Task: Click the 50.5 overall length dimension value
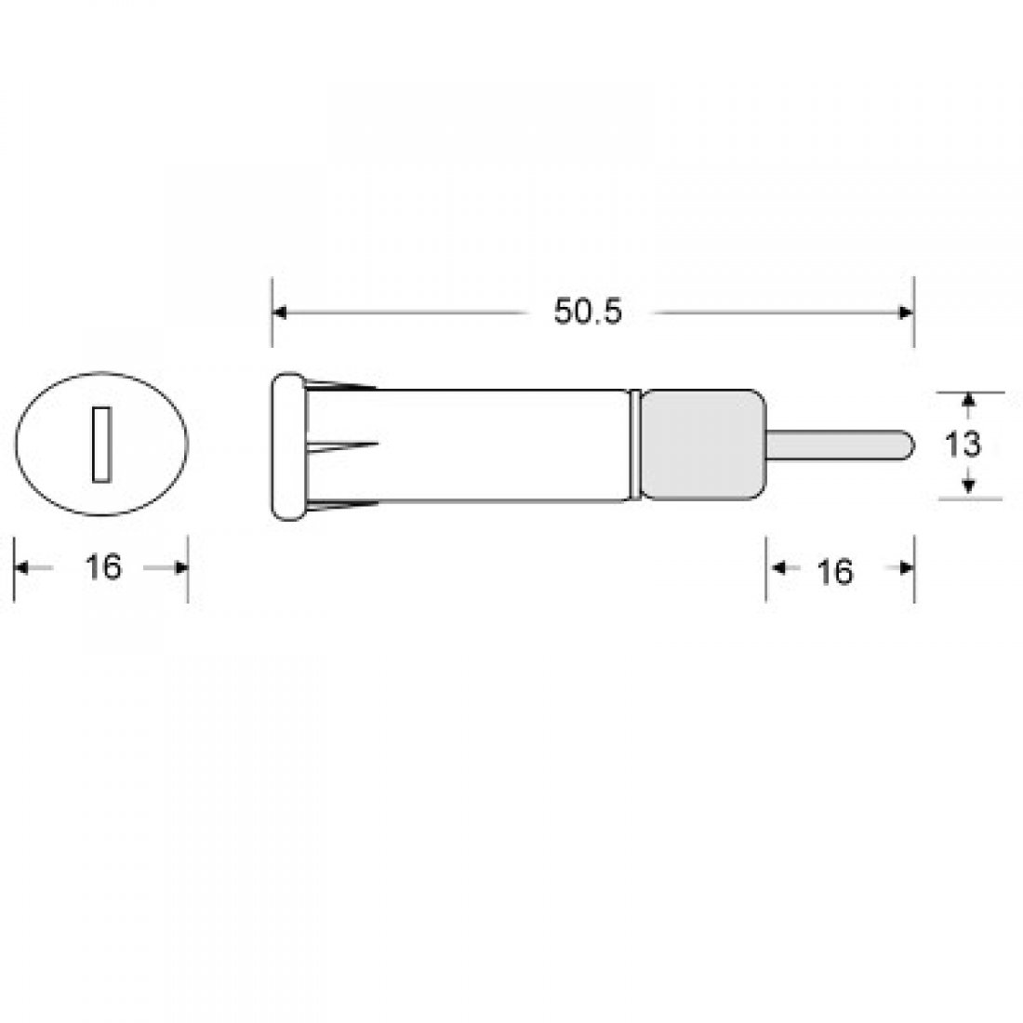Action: [x=587, y=312]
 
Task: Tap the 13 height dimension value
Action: [x=964, y=445]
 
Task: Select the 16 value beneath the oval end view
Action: [x=103, y=566]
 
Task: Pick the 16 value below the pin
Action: [x=836, y=571]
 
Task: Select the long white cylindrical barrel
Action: [x=502, y=445]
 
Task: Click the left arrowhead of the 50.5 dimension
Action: [x=280, y=313]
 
